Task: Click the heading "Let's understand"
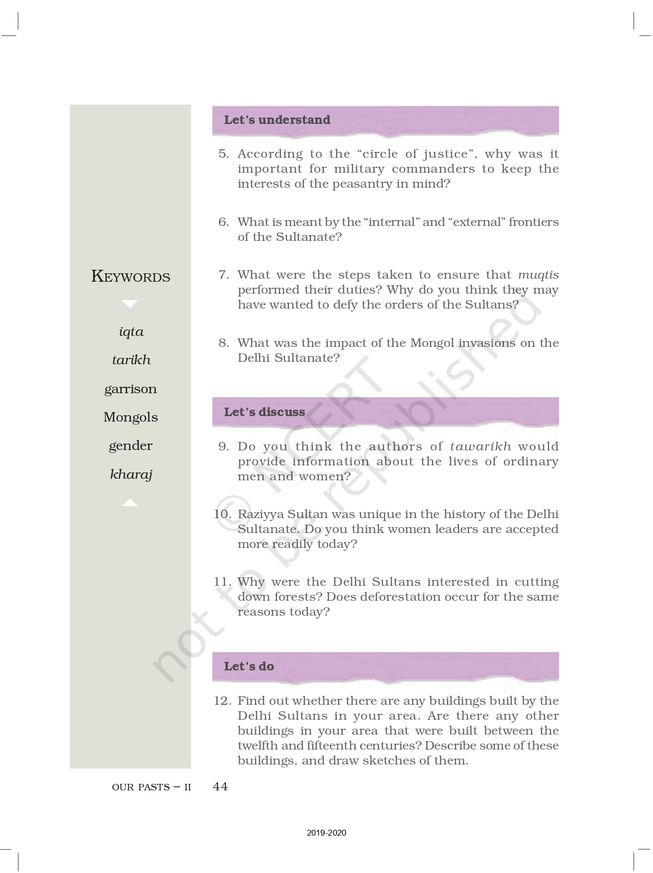[277, 120]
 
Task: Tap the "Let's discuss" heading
[264, 412]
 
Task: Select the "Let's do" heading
[249, 666]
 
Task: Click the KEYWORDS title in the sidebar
[131, 276]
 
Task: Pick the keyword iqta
[131, 332]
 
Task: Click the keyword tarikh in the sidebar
[131, 360]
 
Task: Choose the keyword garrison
[130, 389]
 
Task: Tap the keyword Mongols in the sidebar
[131, 417]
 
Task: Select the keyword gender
[131, 445]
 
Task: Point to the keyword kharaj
[131, 474]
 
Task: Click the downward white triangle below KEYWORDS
[130, 304]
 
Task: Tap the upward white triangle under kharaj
[130, 503]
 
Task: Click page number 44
[220, 786]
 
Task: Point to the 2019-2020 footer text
[326, 833]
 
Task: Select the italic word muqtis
[538, 275]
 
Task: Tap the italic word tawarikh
[480, 446]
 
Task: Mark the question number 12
[222, 701]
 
